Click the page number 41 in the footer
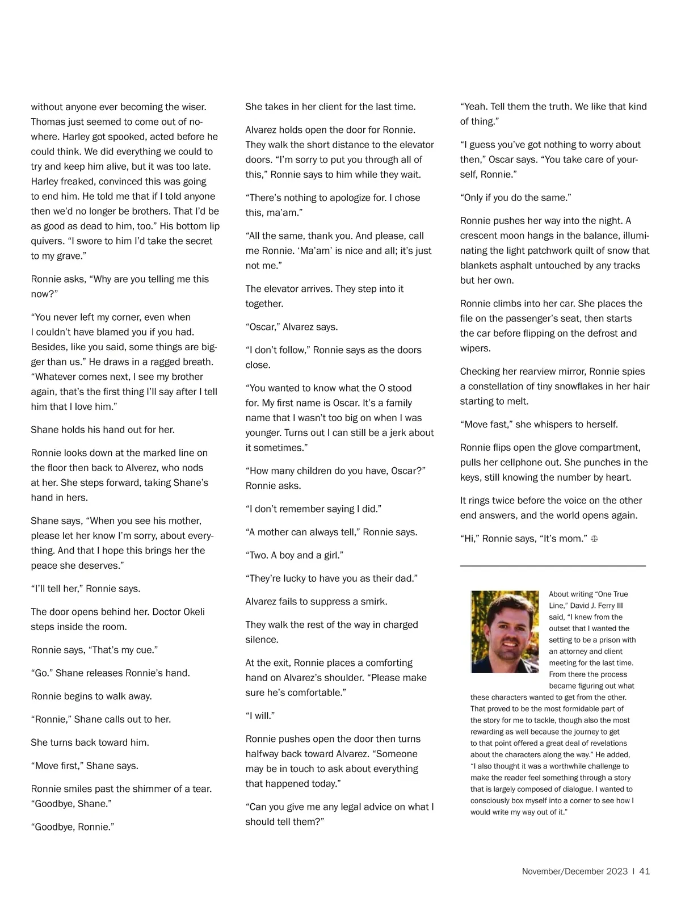[644, 871]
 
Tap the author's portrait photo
[505, 631]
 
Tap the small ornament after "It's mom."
[594, 539]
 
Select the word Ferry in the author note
[606, 606]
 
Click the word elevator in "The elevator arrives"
[284, 289]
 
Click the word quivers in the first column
[47, 241]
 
